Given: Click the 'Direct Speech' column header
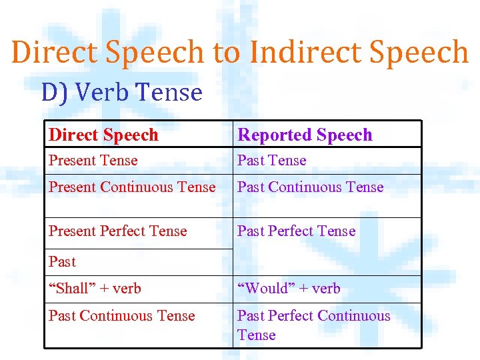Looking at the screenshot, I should tap(103, 135).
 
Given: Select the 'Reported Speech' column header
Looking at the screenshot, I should tap(305, 135).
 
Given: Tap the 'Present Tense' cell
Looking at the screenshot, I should tap(93, 161).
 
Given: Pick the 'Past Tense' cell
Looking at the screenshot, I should tap(272, 161).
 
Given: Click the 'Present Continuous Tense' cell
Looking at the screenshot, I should tap(132, 187).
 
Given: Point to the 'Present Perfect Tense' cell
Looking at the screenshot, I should tap(118, 231).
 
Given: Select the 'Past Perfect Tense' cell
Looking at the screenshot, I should tap(297, 231).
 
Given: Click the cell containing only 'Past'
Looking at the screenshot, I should tap(62, 262).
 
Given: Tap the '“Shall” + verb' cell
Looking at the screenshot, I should tap(95, 289).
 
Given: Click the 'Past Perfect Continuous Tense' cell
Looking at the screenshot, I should tap(313, 325).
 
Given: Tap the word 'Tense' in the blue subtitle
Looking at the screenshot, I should tap(169, 92).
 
